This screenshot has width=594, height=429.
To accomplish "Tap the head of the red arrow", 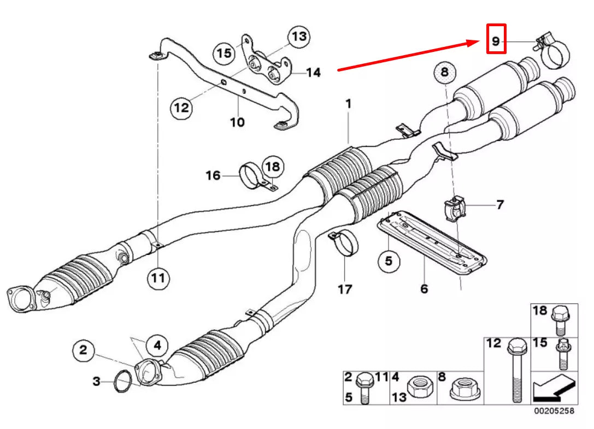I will pyautogui.click(x=477, y=41).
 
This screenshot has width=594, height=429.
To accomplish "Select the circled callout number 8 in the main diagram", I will pyautogui.click(x=444, y=73).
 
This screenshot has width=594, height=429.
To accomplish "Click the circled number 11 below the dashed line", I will pyautogui.click(x=157, y=278).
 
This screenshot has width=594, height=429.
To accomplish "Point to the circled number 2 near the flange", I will pyautogui.click(x=83, y=350).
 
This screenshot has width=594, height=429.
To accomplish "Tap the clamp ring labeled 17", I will pyautogui.click(x=344, y=243).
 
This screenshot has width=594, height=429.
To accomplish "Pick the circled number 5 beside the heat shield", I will pyautogui.click(x=387, y=261).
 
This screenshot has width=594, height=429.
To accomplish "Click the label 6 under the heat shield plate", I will pyautogui.click(x=424, y=288).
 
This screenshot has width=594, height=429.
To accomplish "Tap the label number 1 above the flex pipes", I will pyautogui.click(x=348, y=103).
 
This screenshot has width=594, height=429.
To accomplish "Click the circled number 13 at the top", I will pyautogui.click(x=298, y=37).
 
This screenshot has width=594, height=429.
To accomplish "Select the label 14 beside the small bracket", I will pyautogui.click(x=313, y=72).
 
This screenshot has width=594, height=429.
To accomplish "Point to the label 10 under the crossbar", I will pyautogui.click(x=237, y=122).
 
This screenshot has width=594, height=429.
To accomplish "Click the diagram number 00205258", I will pyautogui.click(x=554, y=411).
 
